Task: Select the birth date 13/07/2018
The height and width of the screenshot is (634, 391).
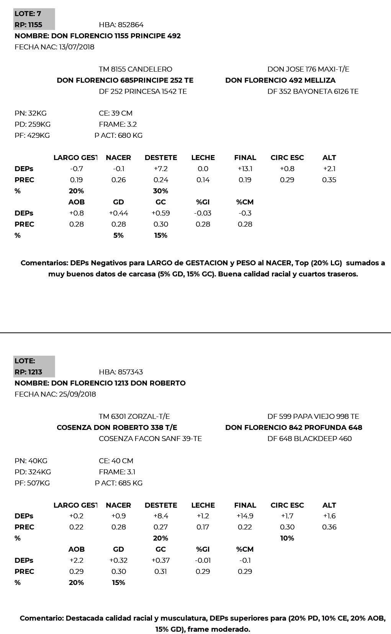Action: click(x=77, y=47)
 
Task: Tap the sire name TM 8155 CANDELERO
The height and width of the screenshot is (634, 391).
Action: click(x=135, y=69)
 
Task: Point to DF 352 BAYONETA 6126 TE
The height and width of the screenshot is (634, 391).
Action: click(x=313, y=92)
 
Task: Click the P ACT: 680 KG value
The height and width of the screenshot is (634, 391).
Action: click(x=118, y=136)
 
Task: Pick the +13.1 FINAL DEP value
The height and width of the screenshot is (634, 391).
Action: click(x=245, y=169)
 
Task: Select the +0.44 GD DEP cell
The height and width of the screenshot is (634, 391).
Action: click(x=118, y=213)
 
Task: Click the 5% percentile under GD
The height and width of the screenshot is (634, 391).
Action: click(x=118, y=235)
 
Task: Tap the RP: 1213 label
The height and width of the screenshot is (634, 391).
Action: click(x=28, y=372)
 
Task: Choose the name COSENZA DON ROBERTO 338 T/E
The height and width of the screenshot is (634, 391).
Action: click(x=117, y=428)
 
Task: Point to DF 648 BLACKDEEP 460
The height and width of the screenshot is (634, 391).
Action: click(x=309, y=439)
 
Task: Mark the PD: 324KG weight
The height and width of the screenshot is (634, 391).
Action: click(x=33, y=472)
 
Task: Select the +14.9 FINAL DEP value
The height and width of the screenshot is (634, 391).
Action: click(x=245, y=516)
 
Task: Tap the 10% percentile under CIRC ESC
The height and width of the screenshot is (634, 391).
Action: click(x=287, y=538)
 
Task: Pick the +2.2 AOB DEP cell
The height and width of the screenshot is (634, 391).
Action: click(x=76, y=560)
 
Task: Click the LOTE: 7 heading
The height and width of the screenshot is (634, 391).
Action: click(x=28, y=14)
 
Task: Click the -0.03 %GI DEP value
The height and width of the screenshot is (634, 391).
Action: click(x=203, y=213)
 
